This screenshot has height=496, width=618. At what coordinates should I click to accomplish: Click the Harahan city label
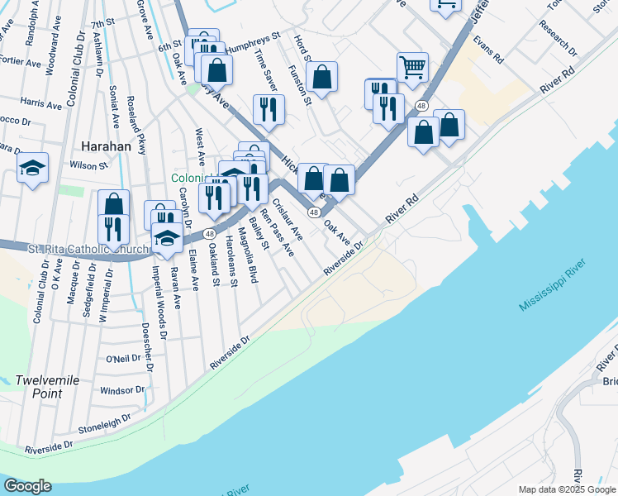tap(107, 146)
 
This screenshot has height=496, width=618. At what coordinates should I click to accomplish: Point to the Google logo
tap(27, 486)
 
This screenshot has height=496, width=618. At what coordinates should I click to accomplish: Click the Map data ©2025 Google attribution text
tap(567, 489)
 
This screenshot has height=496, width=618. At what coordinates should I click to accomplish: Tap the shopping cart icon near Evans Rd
tap(412, 67)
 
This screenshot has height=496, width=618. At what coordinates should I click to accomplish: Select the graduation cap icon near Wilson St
tap(32, 168)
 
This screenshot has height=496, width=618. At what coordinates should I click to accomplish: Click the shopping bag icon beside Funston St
tap(322, 78)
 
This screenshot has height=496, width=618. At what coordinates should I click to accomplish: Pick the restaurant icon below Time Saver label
tap(269, 108)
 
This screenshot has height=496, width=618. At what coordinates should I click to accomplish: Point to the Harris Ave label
tap(41, 105)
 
